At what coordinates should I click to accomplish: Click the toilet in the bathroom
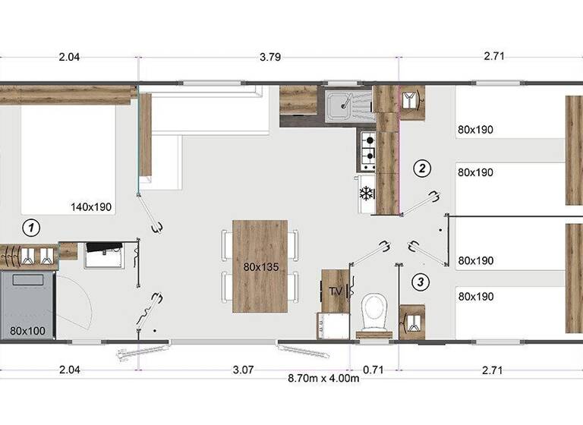[x=373, y=311]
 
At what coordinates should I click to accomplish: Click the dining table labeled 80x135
[x=260, y=266]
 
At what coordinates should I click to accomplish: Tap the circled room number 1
[x=30, y=226]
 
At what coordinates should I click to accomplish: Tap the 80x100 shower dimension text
[x=29, y=331]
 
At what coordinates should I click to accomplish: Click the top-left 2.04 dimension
[x=69, y=55]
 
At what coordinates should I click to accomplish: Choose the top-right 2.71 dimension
[x=493, y=55]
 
